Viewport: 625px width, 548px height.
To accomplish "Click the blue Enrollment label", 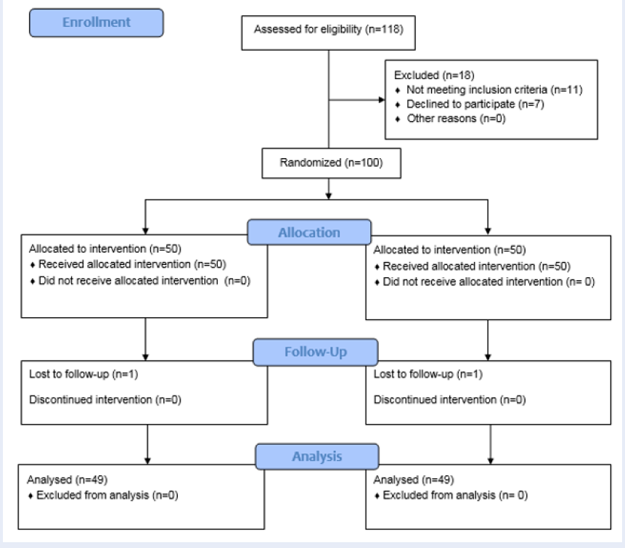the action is coord(96,23).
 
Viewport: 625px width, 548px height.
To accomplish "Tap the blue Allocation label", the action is coord(309,232).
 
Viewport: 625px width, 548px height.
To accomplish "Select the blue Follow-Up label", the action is coord(315,352).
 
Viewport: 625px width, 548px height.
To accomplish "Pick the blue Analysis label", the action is coord(317,457).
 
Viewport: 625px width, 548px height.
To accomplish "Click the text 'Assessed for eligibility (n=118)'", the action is coord(329,29).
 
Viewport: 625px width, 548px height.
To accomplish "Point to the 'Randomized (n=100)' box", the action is coord(331,163).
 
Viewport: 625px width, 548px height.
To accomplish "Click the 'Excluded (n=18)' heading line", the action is coord(434,75).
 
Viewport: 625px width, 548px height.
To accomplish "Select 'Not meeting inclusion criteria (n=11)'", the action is coord(494,90).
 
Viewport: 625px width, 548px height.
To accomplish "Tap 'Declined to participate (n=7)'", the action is coord(475,104).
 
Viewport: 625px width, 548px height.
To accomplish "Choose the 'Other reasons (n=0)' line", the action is coord(456,118).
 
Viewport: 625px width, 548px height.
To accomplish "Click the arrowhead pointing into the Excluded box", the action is coord(382,99).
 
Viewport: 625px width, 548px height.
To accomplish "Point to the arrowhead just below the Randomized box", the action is coord(328,196).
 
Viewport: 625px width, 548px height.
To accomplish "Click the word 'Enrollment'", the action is coord(96,23).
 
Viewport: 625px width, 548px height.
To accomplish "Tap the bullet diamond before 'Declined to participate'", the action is coord(397,105).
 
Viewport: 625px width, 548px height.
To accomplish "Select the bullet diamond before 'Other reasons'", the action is coord(397,119).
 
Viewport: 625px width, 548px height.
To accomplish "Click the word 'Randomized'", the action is coord(310,163).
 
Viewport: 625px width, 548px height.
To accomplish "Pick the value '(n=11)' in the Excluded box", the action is coord(566,90).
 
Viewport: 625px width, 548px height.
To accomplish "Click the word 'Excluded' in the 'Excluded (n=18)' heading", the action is coord(416,75).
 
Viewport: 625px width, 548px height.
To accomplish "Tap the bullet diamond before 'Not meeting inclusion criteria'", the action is coord(397,91).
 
